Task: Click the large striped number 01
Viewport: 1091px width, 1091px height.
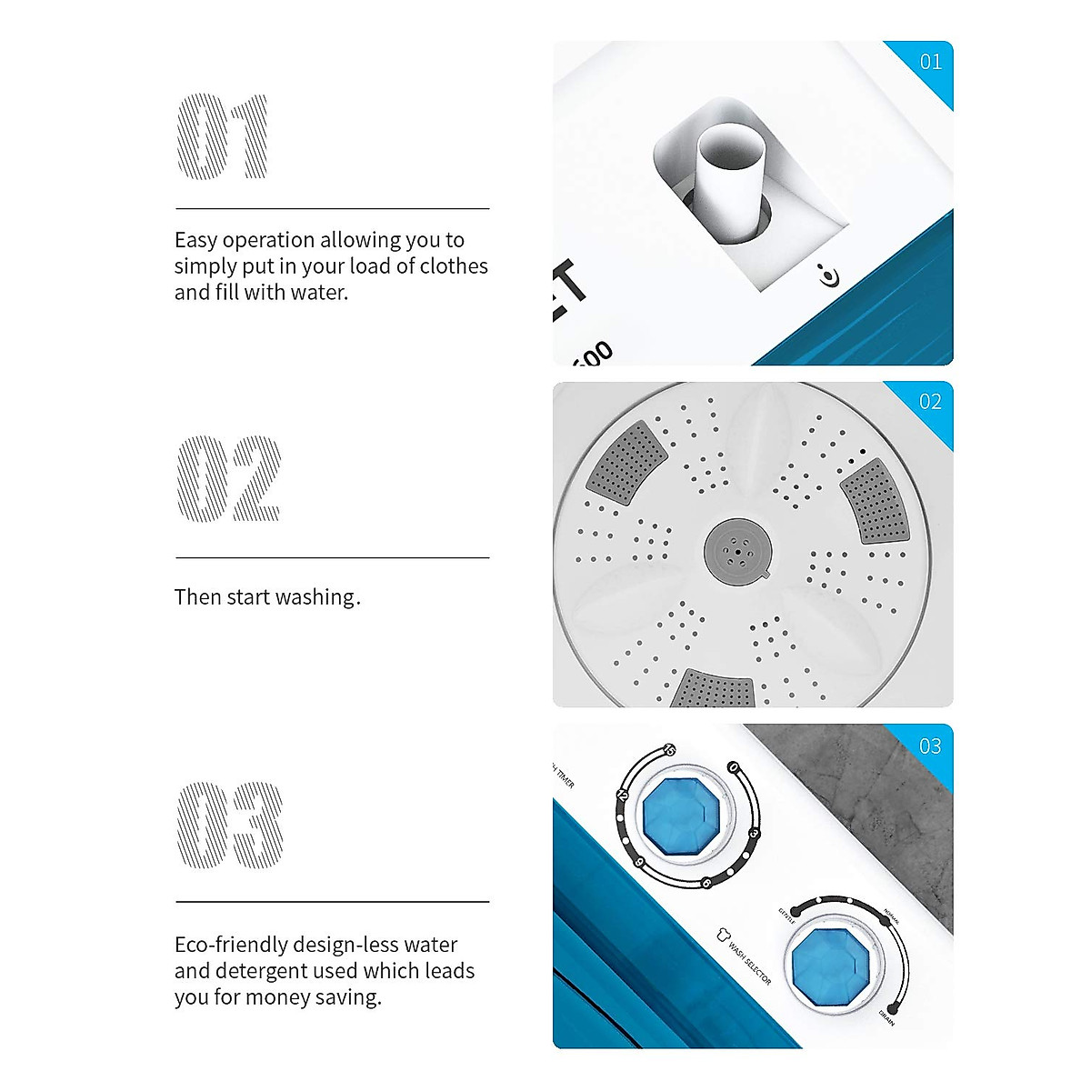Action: (x=223, y=136)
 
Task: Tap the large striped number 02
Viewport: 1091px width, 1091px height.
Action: (x=228, y=479)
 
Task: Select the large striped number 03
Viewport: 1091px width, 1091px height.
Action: (x=229, y=824)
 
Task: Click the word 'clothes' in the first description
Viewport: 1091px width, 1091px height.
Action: (x=454, y=266)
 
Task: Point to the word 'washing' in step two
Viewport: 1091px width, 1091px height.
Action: (x=315, y=597)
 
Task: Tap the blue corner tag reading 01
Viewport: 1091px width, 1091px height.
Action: (x=931, y=62)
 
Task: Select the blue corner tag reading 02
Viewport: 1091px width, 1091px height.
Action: (x=930, y=402)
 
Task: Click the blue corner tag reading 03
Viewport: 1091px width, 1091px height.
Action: (x=930, y=746)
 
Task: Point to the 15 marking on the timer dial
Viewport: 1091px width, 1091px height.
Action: (x=670, y=750)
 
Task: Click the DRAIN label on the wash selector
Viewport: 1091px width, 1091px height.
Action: (x=886, y=1018)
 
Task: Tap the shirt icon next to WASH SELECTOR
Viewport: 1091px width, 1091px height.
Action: (x=723, y=934)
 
